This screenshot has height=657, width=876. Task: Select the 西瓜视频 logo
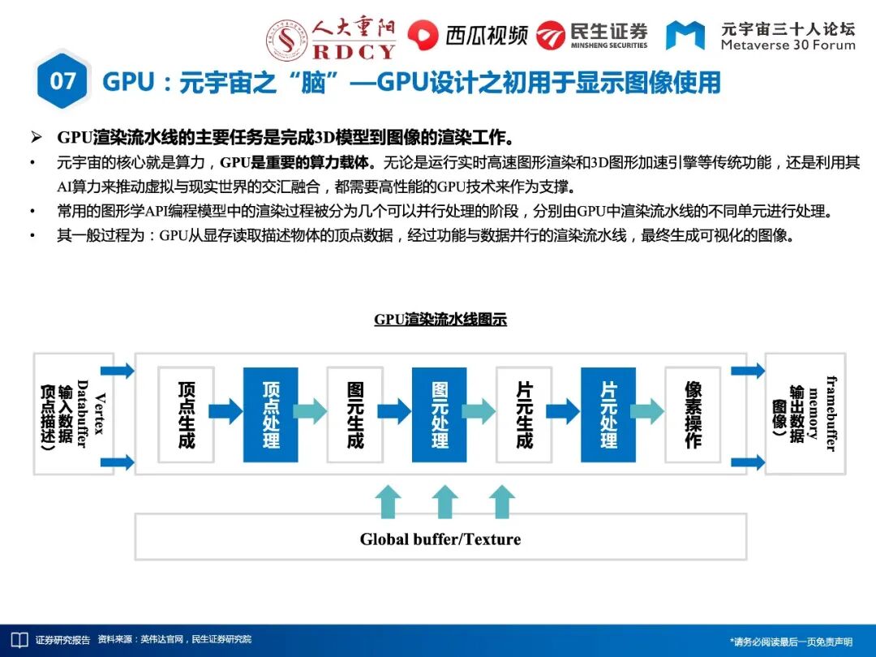pos(467,35)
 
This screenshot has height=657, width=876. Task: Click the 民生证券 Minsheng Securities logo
pos(592,35)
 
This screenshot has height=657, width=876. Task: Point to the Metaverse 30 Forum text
pos(788,45)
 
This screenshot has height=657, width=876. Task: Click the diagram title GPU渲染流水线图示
pos(440,320)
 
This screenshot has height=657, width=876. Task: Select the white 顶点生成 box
pos(186,414)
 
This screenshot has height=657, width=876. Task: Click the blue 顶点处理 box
pos(270,414)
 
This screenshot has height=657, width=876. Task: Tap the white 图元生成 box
pos(354,414)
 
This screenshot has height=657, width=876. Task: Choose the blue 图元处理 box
pos(439,414)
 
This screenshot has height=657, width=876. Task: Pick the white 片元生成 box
pos(524,414)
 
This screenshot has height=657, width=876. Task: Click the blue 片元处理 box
pos(608,414)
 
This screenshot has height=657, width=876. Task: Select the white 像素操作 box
pos(693,414)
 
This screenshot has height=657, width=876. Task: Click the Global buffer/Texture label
pos(440,539)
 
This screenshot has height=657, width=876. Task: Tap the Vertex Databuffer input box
pos(73,414)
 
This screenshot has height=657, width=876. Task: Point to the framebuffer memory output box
pos(805,414)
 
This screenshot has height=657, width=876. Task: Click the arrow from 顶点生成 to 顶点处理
pos(228,411)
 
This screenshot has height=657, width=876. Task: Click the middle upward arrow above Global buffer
pos(444,502)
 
